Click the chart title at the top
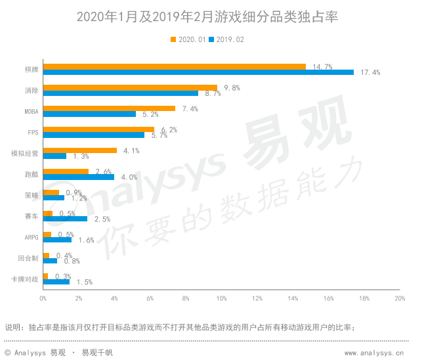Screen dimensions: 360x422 pos(211,15)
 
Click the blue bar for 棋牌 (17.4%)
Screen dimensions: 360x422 pos(198,72)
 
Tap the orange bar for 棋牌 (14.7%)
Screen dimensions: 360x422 pos(174,66)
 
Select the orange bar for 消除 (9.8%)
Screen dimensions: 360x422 pos(130,87)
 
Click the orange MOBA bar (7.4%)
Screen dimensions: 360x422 pos(109,108)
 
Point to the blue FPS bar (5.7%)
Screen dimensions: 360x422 pos(93,135)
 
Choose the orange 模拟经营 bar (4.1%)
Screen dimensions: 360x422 pos(79,150)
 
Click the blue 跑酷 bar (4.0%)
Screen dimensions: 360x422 pos(78,177)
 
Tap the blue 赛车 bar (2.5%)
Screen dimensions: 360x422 pos(65,219)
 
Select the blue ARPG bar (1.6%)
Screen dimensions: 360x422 pos(57,240)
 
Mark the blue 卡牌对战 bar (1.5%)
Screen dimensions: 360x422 pos(56,282)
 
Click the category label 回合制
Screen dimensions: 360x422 pos(29,258)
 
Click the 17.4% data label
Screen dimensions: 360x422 pos(371,72)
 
